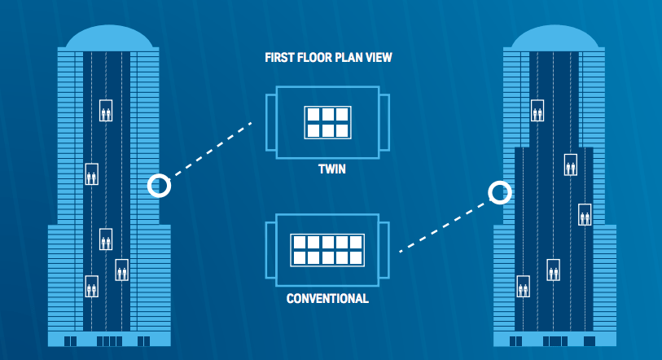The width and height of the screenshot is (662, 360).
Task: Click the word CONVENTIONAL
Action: coord(327,299)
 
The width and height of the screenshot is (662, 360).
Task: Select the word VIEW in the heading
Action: coord(375,59)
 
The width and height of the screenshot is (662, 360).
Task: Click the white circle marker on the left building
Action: coord(160,186)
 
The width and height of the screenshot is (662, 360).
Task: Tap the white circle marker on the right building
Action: coord(500,192)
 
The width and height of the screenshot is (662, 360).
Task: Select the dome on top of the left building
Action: coord(109,37)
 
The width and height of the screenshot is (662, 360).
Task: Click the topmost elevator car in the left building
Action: coord(106,110)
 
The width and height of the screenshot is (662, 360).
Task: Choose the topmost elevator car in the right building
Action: coord(537,110)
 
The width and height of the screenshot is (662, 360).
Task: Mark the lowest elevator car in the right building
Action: coord(523,287)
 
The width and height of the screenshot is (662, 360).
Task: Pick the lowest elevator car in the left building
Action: coord(92,286)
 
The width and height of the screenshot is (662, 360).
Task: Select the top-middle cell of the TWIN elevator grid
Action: coord(327,115)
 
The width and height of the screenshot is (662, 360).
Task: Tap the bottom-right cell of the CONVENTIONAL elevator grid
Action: coord(355,258)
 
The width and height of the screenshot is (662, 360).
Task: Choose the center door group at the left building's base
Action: coord(109,340)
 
